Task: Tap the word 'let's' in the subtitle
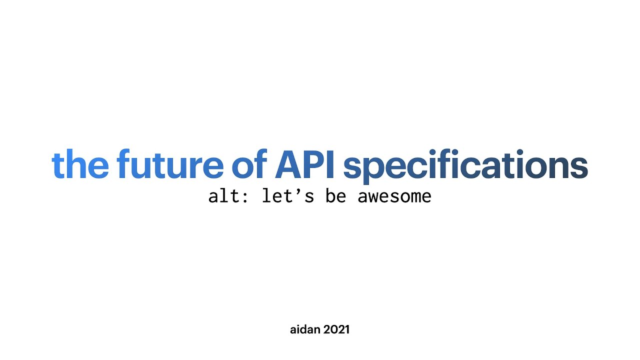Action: (288, 196)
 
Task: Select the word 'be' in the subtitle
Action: (335, 196)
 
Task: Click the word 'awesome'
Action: (394, 196)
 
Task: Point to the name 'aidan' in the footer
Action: (305, 329)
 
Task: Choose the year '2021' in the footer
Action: (336, 329)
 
